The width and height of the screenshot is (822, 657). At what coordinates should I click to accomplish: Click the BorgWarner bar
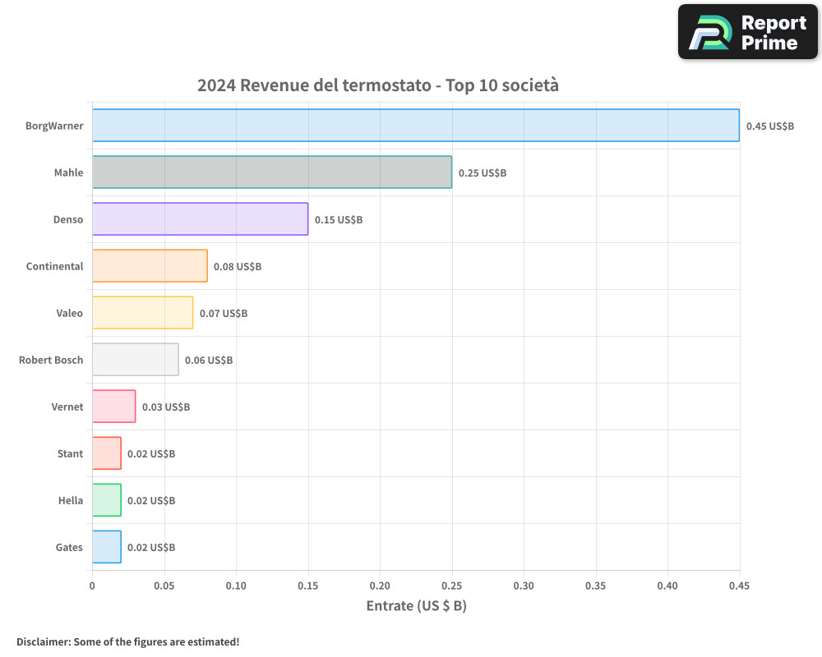point(415,125)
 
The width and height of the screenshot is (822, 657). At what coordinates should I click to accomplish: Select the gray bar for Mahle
point(271,172)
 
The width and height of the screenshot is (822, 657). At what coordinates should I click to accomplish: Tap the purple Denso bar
point(200,218)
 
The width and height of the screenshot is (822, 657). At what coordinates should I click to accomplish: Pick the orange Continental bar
point(150,265)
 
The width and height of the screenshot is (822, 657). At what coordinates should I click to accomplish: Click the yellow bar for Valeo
point(142,312)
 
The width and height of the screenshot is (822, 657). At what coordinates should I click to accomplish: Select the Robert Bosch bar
point(135,359)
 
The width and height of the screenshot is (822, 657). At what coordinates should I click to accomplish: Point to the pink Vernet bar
point(113,406)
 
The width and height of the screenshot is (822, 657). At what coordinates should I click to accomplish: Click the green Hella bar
point(106,499)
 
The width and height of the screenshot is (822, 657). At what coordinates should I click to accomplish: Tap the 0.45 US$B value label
point(769,126)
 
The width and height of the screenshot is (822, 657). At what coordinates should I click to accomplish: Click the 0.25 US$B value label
point(482,172)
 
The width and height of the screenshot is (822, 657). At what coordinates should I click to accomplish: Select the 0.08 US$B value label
point(238,266)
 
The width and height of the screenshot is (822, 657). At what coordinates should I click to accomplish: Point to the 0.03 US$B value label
point(165,407)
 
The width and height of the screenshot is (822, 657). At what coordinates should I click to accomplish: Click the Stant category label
point(70,453)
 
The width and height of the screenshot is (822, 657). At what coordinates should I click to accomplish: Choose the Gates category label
point(69,547)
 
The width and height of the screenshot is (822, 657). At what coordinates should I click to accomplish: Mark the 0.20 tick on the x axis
point(380,586)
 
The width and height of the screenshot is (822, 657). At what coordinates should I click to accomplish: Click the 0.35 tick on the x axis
point(595,586)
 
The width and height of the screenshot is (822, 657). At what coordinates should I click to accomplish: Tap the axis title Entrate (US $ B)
point(416,605)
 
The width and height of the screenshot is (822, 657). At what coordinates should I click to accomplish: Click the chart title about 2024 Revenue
point(377,85)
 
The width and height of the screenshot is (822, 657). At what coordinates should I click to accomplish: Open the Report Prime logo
point(747,32)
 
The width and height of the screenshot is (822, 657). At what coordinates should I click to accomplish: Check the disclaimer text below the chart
point(127,641)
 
